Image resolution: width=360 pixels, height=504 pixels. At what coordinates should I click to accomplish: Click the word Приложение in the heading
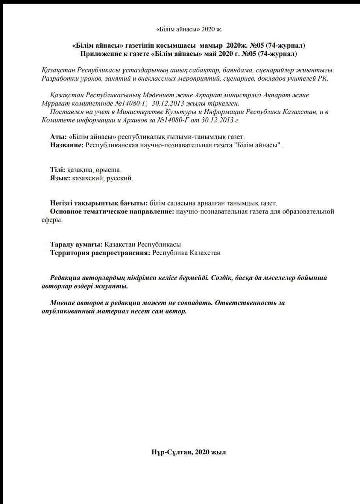(x=100, y=54)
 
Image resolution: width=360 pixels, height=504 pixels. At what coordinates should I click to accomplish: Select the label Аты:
(x=58, y=137)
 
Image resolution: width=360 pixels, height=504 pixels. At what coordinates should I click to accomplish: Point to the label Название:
(x=67, y=145)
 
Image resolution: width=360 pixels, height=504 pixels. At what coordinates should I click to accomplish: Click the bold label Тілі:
(x=58, y=170)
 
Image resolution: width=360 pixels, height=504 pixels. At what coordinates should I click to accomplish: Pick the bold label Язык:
(x=60, y=178)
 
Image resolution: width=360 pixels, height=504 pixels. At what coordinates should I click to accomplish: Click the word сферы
(x=51, y=220)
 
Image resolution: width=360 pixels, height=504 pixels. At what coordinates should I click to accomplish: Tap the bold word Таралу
(x=62, y=245)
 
